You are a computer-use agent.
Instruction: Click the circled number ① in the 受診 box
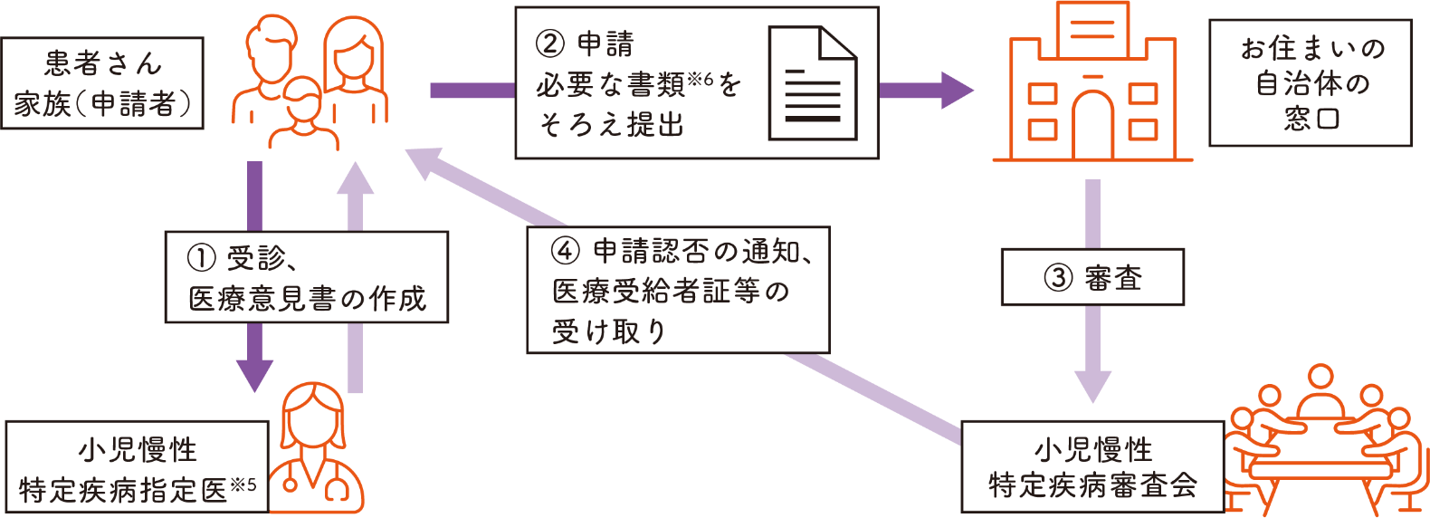(x=201, y=259)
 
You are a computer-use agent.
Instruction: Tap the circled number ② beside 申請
(x=550, y=43)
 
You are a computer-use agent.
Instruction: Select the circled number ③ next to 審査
(x=1058, y=278)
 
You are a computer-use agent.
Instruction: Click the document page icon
(x=812, y=83)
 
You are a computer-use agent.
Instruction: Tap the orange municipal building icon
(x=1092, y=86)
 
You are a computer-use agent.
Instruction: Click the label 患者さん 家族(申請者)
(x=102, y=83)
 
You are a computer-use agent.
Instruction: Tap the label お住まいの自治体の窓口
(x=1311, y=83)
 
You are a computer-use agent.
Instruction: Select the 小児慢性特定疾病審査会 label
(x=1092, y=467)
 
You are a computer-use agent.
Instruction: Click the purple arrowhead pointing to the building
(x=955, y=90)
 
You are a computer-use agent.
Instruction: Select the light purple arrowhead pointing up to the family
(x=355, y=178)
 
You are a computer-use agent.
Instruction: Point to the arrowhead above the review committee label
(x=1092, y=386)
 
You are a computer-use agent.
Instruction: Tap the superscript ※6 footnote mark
(x=701, y=81)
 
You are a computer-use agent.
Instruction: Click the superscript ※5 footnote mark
(x=243, y=485)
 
